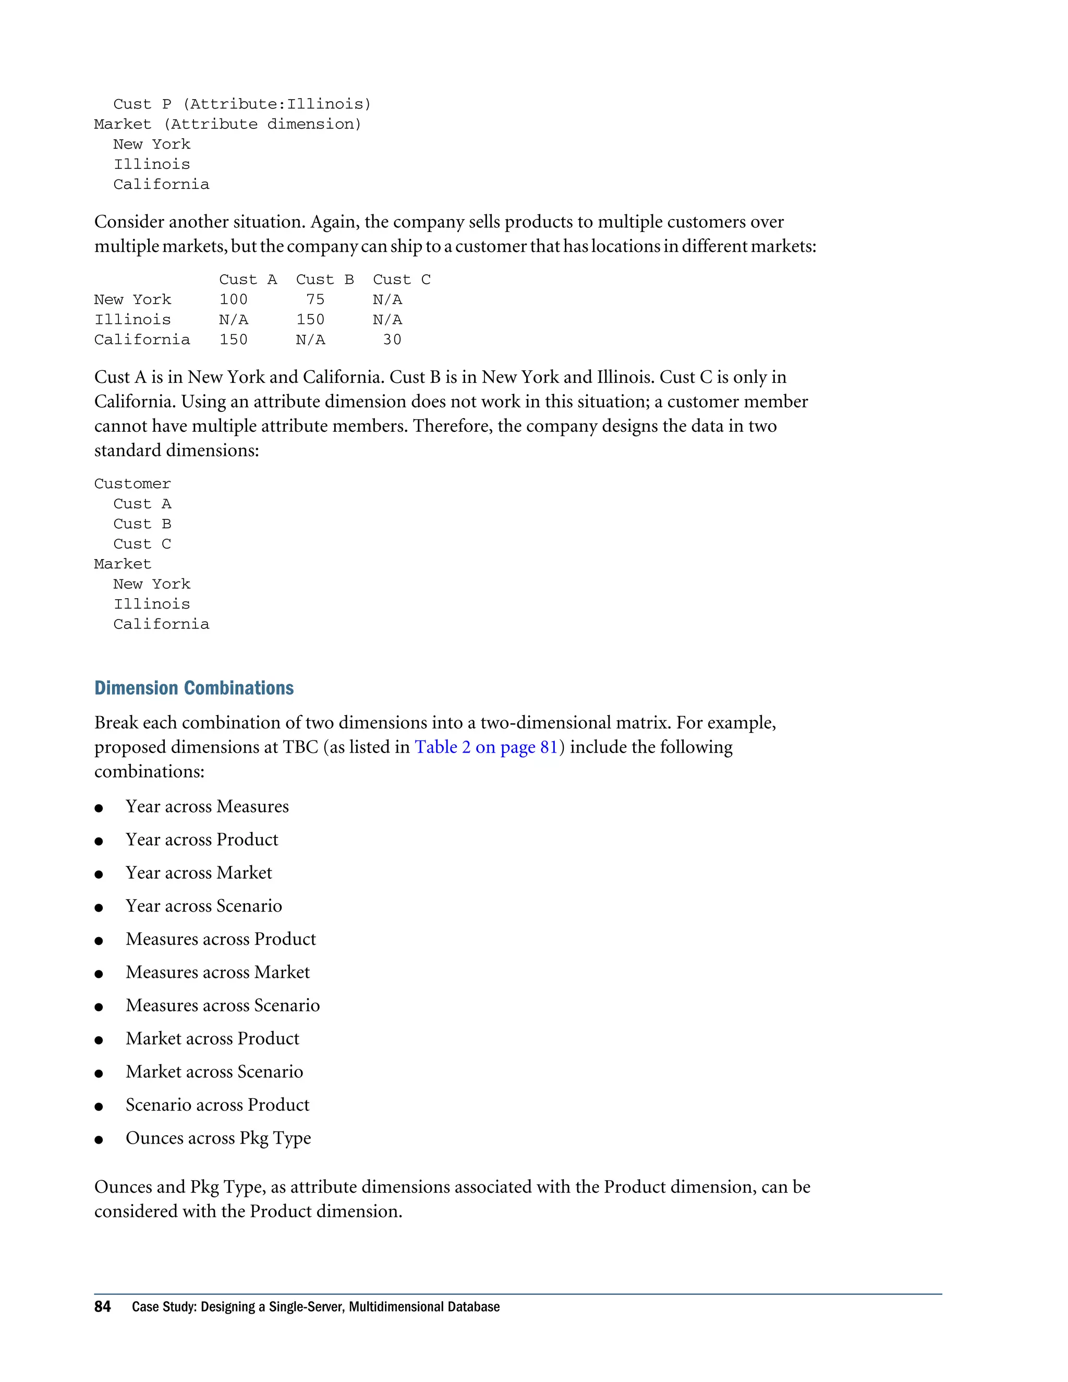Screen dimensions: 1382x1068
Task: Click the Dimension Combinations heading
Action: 193,688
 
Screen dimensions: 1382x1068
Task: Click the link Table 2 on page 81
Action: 486,747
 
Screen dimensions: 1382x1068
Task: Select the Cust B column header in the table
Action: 324,280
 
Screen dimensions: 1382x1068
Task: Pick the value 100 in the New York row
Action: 234,300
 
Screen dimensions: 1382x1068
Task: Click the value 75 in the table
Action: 315,300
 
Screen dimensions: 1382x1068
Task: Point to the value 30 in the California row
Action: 392,340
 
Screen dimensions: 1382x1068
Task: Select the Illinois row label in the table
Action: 132,320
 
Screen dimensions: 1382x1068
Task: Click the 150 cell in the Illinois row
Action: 310,320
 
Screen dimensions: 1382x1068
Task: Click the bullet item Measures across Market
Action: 217,972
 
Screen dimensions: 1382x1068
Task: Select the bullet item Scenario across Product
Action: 217,1105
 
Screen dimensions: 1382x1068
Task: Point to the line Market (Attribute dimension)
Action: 228,125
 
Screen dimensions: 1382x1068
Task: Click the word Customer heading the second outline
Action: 132,484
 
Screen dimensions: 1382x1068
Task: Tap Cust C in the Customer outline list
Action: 142,544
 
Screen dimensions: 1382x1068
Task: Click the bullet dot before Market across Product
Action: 99,1040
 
